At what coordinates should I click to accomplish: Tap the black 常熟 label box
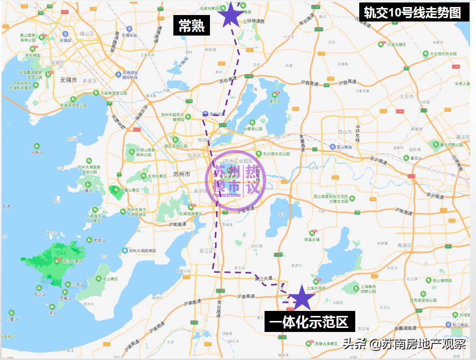[x=191, y=26]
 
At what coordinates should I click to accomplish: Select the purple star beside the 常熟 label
[x=230, y=15]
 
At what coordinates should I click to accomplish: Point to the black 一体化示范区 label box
[x=309, y=321]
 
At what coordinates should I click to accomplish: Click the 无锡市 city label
[x=68, y=80]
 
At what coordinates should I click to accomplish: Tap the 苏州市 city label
[x=181, y=174]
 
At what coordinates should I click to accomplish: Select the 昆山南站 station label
[x=345, y=147]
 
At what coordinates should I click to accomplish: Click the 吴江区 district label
[x=206, y=250]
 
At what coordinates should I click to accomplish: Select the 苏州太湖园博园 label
[x=142, y=251]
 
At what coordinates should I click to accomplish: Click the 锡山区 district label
[x=87, y=34]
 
